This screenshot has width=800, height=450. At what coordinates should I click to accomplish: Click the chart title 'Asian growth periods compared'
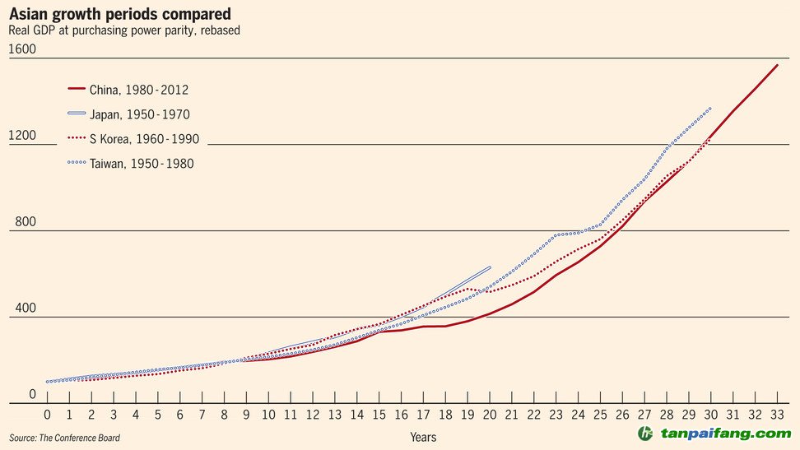point(119,14)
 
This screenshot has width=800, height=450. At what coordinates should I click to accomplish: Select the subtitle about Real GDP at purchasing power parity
point(124,30)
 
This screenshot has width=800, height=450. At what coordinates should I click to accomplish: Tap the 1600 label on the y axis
point(22,49)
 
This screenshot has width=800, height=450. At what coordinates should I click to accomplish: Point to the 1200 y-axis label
point(22,136)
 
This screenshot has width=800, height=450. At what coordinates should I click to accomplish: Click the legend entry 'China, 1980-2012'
point(144,90)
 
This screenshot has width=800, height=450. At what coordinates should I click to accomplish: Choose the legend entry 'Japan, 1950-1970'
point(144,114)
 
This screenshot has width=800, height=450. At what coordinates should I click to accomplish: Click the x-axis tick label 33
point(777,415)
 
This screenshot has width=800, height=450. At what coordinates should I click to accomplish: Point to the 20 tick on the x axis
point(490,415)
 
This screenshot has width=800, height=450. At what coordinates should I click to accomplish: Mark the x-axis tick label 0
point(48,415)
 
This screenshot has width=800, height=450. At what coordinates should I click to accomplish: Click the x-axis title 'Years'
point(423,437)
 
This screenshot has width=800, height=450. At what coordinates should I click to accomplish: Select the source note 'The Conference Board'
point(65,438)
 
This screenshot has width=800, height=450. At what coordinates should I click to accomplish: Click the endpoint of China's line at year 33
point(777,65)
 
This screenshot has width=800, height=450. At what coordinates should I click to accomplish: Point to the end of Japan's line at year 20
point(490,267)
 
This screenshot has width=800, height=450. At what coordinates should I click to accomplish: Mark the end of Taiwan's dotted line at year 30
point(710,109)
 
